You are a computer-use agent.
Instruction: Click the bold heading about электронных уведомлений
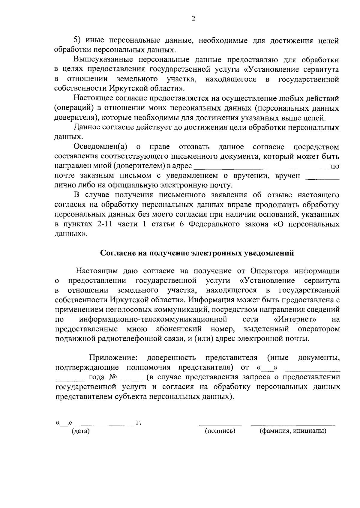(x=197, y=253)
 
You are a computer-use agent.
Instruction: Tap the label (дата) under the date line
(x=80, y=431)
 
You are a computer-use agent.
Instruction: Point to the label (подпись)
(x=220, y=431)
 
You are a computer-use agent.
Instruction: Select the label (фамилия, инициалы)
(x=293, y=431)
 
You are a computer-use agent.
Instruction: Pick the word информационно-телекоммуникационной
(x=153, y=319)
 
